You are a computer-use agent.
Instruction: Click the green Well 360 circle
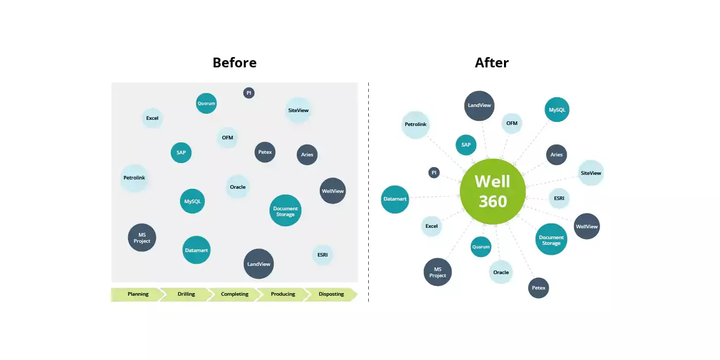click(x=493, y=191)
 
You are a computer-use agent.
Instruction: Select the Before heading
click(x=235, y=63)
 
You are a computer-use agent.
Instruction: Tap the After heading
click(x=492, y=63)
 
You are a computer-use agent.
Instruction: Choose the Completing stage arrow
click(x=235, y=294)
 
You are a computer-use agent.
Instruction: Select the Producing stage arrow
click(x=283, y=294)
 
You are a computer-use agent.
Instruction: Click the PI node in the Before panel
click(x=249, y=93)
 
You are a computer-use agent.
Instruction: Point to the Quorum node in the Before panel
click(x=206, y=103)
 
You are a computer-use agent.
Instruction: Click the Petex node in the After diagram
click(x=538, y=287)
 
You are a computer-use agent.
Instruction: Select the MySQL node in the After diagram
click(x=557, y=110)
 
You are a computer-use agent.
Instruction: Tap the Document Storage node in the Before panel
click(x=285, y=210)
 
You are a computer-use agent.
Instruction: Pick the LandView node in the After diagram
click(x=479, y=105)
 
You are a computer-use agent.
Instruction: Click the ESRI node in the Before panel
click(x=322, y=255)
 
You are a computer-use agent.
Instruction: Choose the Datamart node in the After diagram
click(x=395, y=199)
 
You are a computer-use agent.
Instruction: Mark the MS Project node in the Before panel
click(x=142, y=238)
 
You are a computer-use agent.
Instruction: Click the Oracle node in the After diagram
click(x=501, y=272)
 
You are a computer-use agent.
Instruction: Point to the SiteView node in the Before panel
click(x=298, y=110)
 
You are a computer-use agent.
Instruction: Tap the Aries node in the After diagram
click(x=556, y=154)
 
